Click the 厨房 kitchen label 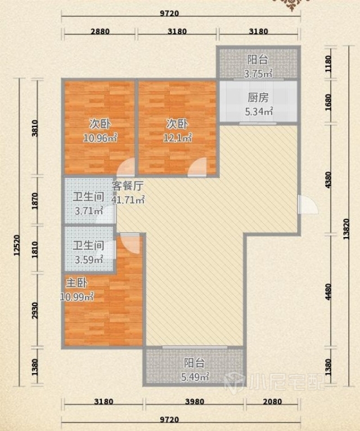(258, 98)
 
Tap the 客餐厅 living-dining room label (128, 186)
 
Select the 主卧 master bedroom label (76, 283)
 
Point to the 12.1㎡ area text (177, 138)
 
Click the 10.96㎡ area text (100, 138)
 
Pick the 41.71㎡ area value (128, 199)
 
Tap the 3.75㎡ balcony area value (258, 74)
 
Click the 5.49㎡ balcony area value (195, 376)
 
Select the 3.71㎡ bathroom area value (89, 211)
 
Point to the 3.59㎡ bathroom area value (89, 260)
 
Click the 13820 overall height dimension (346, 229)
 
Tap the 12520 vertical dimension (17, 245)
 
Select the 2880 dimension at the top (100, 31)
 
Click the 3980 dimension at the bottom (194, 402)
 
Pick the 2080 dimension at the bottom (272, 402)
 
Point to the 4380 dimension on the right (328, 180)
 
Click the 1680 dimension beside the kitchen (328, 102)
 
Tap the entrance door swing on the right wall (308, 204)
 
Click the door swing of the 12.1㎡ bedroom (197, 166)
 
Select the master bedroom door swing (130, 243)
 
